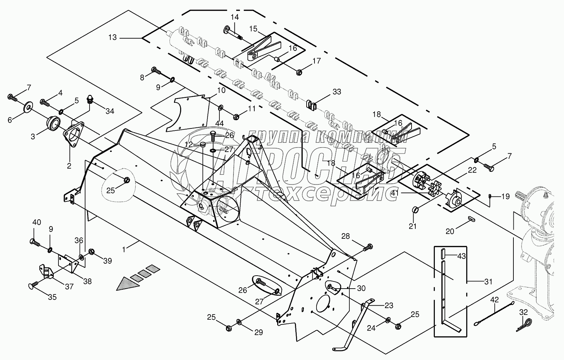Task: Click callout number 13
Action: [x=112, y=38]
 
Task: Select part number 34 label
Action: [x=110, y=111]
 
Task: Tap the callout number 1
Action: [x=124, y=249]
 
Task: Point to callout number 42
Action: [x=495, y=300]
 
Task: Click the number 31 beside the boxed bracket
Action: [x=488, y=282]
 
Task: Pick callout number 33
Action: [x=337, y=92]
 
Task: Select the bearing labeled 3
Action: [x=53, y=123]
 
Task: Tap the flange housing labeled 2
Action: [x=73, y=133]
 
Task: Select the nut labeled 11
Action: [x=236, y=117]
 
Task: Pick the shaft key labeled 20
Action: [x=470, y=219]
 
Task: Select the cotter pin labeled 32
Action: [x=524, y=324]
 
